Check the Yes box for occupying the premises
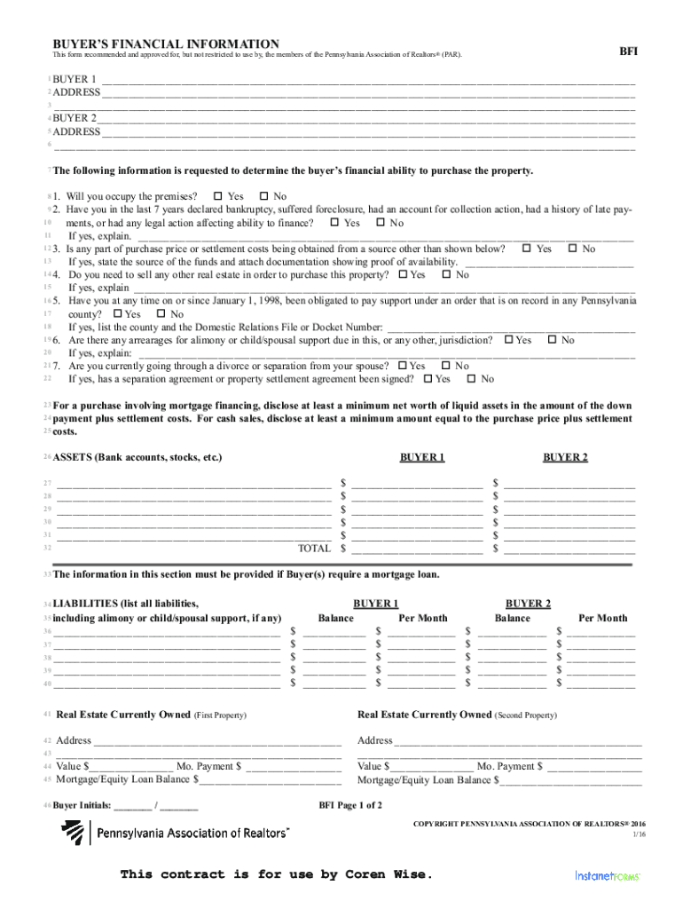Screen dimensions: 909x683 [218, 196]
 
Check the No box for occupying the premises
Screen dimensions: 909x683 [263, 196]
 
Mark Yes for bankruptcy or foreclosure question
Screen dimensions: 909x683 [334, 224]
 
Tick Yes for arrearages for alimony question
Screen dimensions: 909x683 [509, 341]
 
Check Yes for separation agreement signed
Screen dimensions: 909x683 [428, 380]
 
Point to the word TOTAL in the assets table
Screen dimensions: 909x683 [315, 549]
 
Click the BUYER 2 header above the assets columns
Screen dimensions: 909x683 [565, 457]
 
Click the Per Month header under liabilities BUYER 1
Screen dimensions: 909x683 [423, 618]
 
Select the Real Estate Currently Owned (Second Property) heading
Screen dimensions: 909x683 [457, 715]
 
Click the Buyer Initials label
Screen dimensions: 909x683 [82, 806]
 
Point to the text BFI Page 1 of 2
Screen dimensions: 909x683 [350, 806]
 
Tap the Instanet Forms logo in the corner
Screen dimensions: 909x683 [608, 875]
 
